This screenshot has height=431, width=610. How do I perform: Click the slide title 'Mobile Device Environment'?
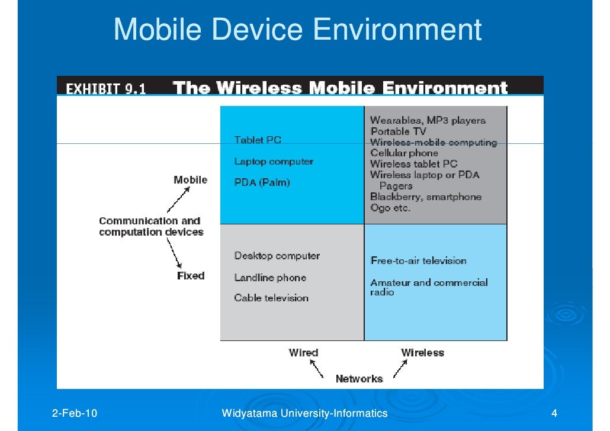coord(297,30)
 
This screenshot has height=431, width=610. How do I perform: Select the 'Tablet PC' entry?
coord(258,140)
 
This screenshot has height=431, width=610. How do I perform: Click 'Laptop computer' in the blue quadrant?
coord(274,161)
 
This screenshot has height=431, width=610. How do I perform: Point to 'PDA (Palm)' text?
coord(262,182)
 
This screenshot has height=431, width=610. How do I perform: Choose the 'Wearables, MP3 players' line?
coord(428,121)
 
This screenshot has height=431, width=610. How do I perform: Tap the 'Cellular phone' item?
coord(404,153)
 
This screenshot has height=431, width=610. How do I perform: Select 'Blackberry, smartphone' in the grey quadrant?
coord(426,197)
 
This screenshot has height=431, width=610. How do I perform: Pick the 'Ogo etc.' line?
coord(390,208)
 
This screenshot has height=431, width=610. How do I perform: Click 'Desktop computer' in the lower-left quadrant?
coord(277,256)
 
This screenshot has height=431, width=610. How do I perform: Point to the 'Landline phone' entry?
coord(270,277)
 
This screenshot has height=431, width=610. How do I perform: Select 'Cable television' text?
coord(271,298)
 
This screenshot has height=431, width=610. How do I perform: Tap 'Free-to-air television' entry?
coord(418,260)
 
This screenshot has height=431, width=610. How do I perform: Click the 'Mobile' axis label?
coord(190,179)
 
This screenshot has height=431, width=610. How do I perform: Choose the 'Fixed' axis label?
coord(191,275)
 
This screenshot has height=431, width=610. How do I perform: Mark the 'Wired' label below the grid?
coord(303,352)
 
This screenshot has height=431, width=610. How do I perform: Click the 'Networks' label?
coord(359,378)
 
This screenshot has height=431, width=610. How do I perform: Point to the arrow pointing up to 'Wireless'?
coord(399,369)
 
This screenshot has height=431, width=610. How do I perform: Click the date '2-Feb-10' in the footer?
coord(76,413)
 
